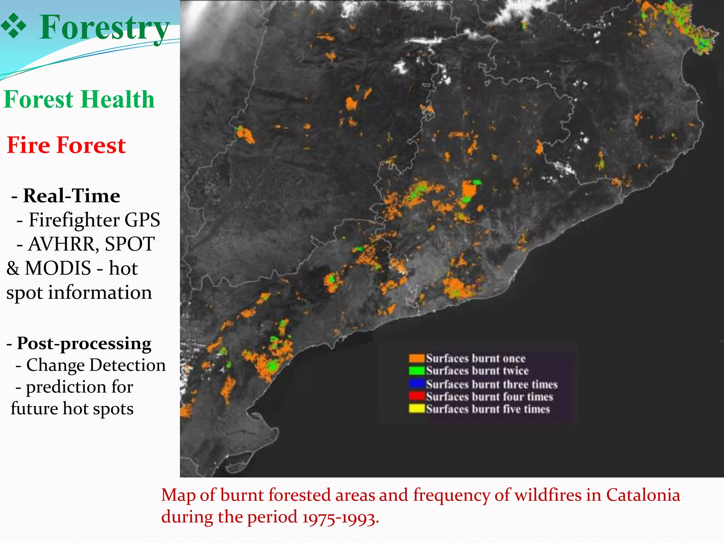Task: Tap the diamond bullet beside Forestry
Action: tap(14, 26)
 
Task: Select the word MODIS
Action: tap(58, 268)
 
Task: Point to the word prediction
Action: tap(79, 387)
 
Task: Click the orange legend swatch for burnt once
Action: tap(416, 358)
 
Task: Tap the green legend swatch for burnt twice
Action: tap(416, 371)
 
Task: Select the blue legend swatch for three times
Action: tap(416, 384)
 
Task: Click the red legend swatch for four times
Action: tap(416, 396)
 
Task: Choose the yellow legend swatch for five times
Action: tap(416, 409)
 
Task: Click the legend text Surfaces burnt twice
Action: tap(477, 371)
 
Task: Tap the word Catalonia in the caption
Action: tap(643, 495)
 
